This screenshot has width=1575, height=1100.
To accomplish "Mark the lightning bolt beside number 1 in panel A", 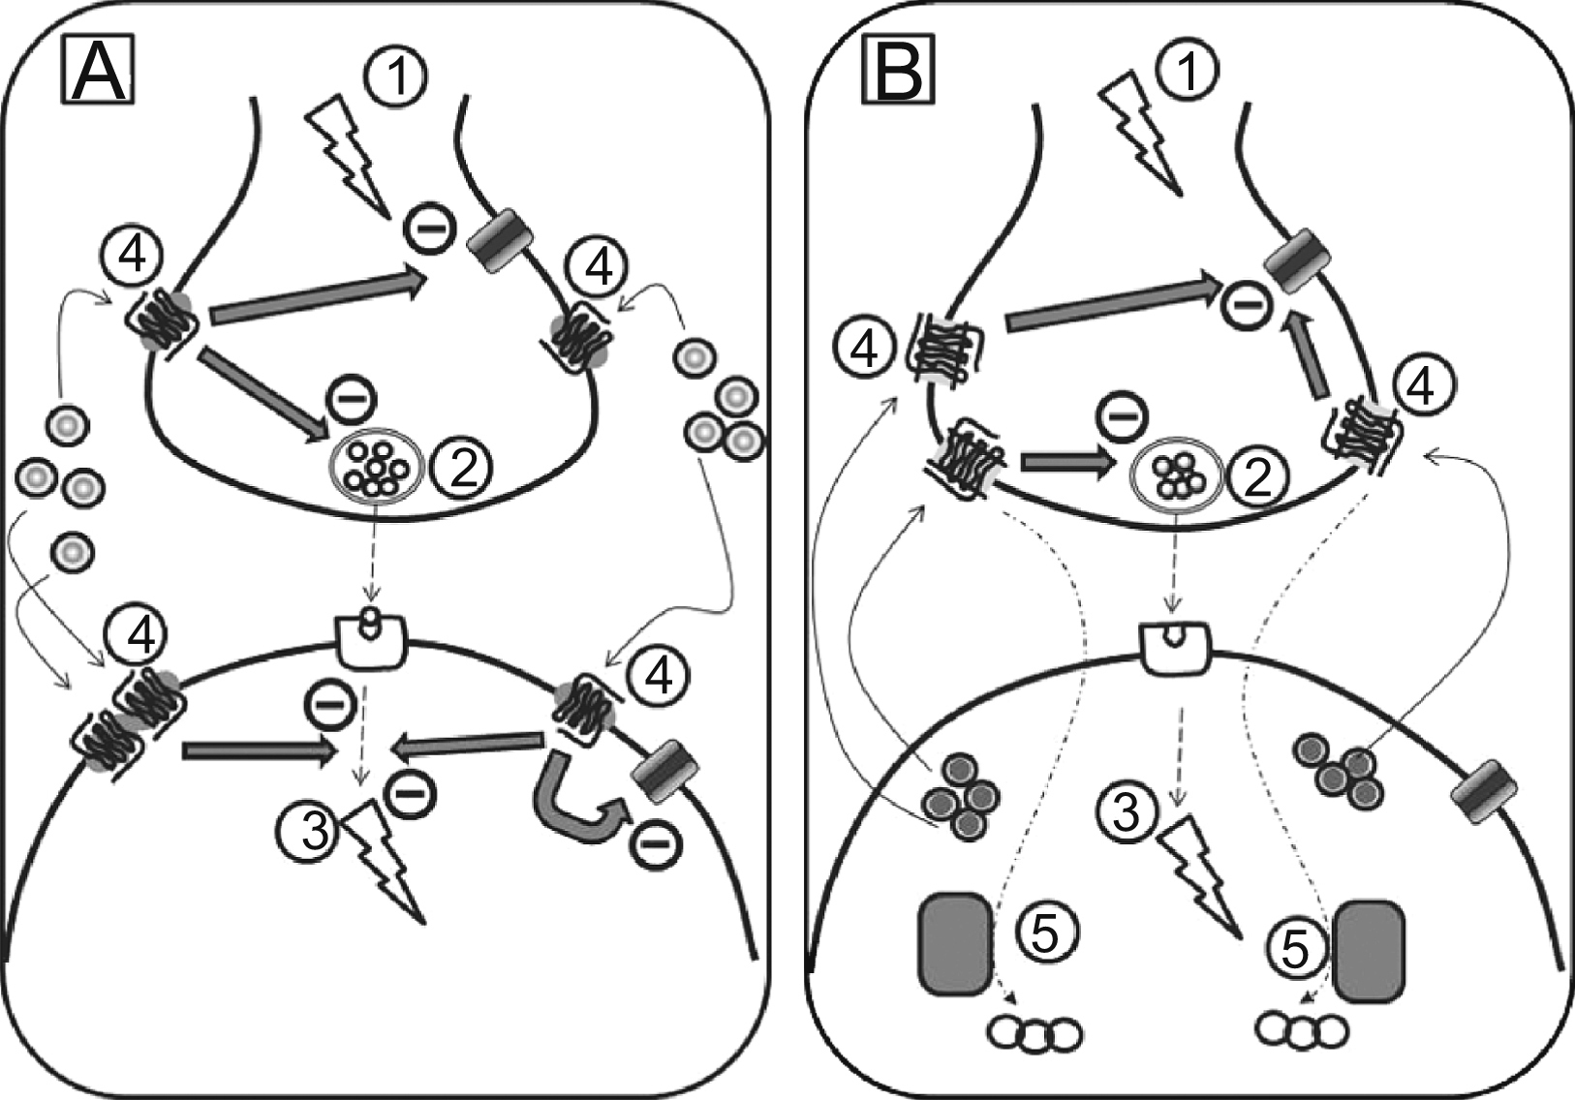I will pos(345,155).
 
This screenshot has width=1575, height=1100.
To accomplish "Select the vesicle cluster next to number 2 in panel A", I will pos(376,467).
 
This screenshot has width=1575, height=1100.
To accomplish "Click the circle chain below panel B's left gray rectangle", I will pos(1035,1033).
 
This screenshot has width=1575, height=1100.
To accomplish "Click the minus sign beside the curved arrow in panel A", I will pos(655,845).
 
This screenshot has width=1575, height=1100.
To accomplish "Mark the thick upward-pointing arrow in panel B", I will pos(1310,357).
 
